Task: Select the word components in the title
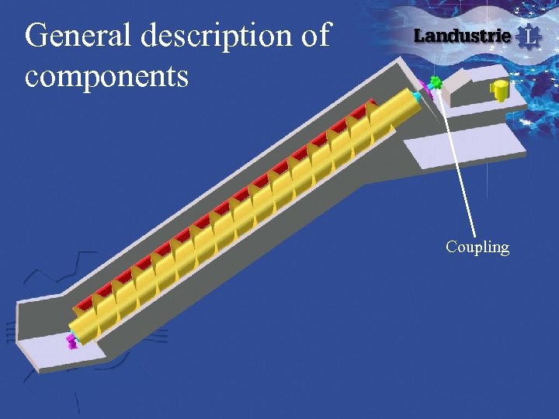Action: click(106, 76)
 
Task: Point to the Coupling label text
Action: click(477, 248)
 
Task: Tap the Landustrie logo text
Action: click(462, 36)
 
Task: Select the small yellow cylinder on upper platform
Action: click(499, 90)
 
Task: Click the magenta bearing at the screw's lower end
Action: click(71, 340)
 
